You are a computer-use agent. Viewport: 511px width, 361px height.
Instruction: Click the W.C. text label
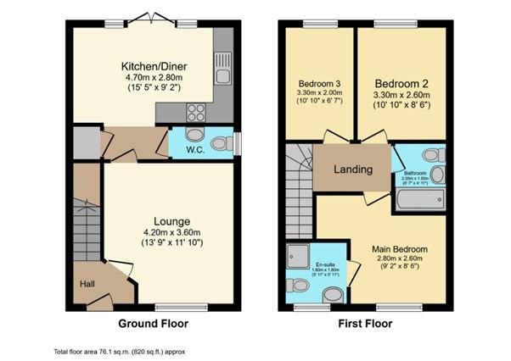[182, 153]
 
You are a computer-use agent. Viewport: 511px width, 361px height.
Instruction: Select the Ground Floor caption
[154, 323]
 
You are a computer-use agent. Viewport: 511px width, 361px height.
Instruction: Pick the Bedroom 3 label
[320, 83]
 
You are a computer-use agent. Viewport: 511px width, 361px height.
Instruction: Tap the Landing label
[352, 169]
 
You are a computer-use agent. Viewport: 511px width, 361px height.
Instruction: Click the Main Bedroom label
[399, 249]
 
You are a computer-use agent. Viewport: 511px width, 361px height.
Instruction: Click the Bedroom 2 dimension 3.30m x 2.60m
[401, 96]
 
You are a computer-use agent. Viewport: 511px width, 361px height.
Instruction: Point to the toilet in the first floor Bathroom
[431, 157]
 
